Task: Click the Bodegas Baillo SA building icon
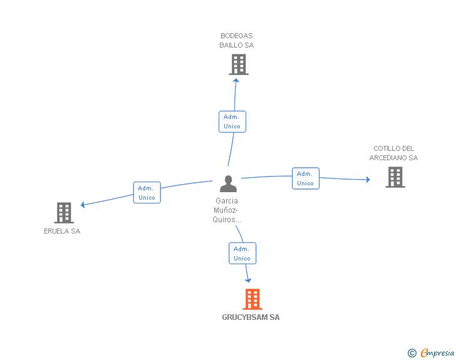(239, 64)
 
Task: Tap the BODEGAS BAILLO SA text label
(236, 41)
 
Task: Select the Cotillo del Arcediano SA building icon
(395, 177)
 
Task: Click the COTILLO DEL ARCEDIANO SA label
(393, 153)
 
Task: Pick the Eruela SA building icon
(64, 213)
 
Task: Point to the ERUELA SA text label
(62, 231)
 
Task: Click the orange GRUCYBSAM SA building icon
(252, 299)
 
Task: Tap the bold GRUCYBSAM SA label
(251, 317)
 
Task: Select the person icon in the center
(228, 184)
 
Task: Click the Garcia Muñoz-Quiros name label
(227, 210)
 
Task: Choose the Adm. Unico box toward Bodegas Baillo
(232, 121)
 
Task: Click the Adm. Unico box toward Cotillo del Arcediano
(306, 178)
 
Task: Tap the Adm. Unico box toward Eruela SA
(147, 192)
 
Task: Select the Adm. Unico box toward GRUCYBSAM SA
(242, 254)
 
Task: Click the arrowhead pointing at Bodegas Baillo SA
(236, 81)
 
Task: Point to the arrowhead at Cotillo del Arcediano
(368, 180)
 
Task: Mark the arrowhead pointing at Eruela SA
(83, 205)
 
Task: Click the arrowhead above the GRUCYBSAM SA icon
(248, 280)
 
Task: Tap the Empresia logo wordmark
(437, 353)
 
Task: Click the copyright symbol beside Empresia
(412, 353)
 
